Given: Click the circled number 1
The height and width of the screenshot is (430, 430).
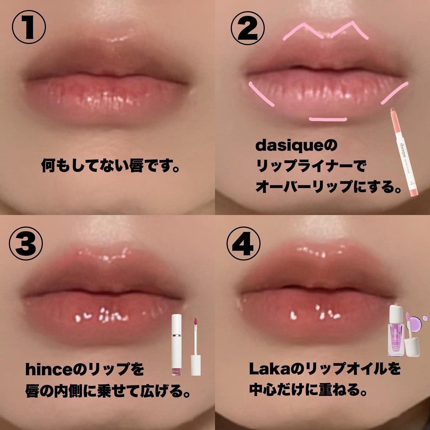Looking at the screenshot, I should pos(29,28).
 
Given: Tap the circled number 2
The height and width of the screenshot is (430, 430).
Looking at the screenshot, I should pos(248,28).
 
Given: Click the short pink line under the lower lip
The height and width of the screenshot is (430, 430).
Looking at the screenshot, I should pos(328,119).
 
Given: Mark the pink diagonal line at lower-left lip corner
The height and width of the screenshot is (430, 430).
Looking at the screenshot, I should pos(261,94).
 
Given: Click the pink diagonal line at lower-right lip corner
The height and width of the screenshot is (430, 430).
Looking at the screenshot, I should pos(394,93).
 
